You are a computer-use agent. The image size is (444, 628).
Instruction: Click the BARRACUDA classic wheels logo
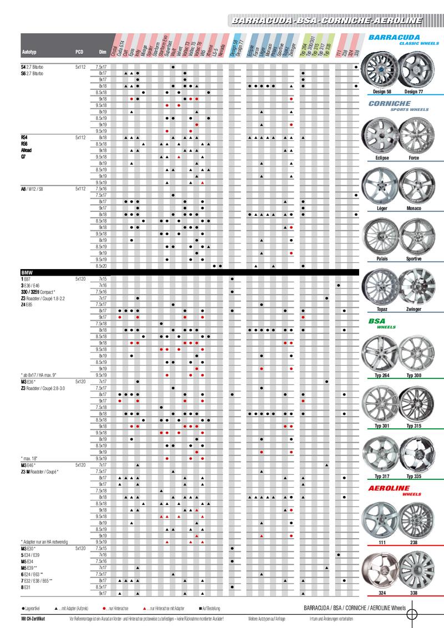[x=398, y=40]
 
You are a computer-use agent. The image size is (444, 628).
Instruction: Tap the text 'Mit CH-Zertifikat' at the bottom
[x=33, y=618]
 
